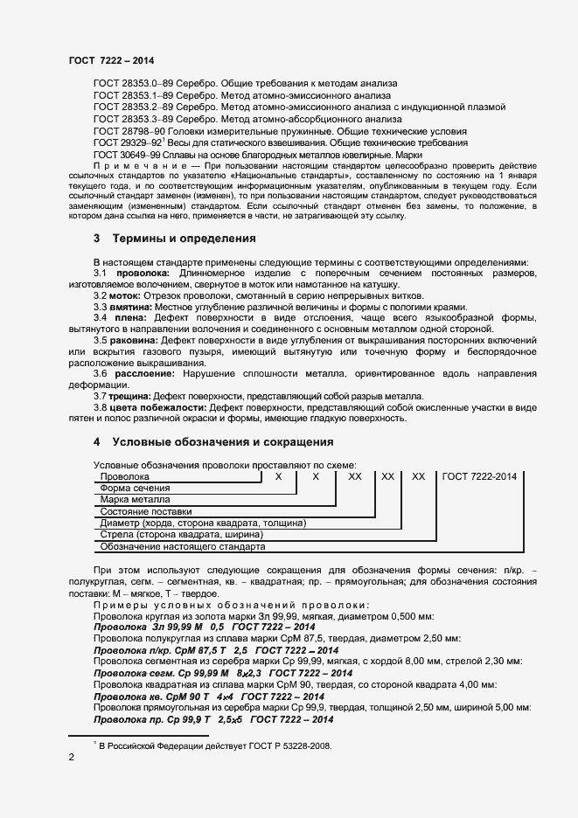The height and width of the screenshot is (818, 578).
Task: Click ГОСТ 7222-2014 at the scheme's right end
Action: coord(479,476)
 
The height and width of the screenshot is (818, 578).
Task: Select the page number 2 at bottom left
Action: coord(71,758)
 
